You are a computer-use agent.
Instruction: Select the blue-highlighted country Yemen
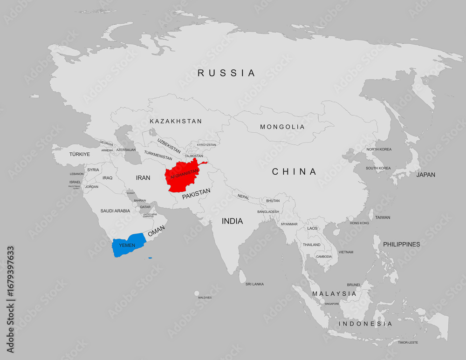click(128, 245)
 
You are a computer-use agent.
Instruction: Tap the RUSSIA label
click(226, 73)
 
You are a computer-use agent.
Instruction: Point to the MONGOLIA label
click(282, 127)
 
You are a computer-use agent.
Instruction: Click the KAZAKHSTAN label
click(176, 121)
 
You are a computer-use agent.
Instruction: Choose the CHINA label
click(294, 172)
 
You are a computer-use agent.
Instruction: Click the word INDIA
click(232, 221)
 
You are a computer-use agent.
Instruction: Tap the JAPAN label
click(425, 175)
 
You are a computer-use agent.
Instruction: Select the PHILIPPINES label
click(401, 244)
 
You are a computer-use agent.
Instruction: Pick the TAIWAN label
click(383, 217)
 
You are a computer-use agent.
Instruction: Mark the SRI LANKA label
click(254, 284)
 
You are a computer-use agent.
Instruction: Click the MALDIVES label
click(205, 297)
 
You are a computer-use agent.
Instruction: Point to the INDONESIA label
click(365, 324)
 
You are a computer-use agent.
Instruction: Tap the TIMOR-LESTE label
click(407, 342)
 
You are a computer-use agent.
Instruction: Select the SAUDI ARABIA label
click(115, 211)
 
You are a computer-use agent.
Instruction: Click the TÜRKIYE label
click(79, 154)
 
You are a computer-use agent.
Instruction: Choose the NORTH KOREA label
click(378, 149)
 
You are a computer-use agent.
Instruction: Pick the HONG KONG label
click(359, 223)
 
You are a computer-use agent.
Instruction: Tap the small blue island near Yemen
click(150, 258)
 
